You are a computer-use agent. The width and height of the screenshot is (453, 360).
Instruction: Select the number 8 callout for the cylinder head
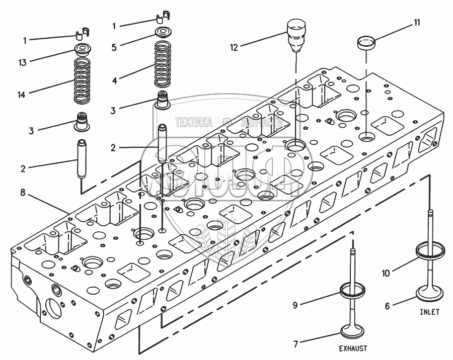[x=23, y=192]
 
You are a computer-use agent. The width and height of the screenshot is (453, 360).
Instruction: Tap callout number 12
[x=234, y=48]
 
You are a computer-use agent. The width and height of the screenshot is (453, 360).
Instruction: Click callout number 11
[x=417, y=22]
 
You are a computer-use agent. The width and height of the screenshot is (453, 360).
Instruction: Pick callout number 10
[x=386, y=274]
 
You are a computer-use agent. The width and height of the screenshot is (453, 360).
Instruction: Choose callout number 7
[x=296, y=344]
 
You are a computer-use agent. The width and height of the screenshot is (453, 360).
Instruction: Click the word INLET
[x=429, y=312]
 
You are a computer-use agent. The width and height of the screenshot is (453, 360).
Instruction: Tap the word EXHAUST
[x=352, y=348]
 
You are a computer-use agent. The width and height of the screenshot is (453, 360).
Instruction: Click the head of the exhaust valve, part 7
[x=354, y=332]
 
